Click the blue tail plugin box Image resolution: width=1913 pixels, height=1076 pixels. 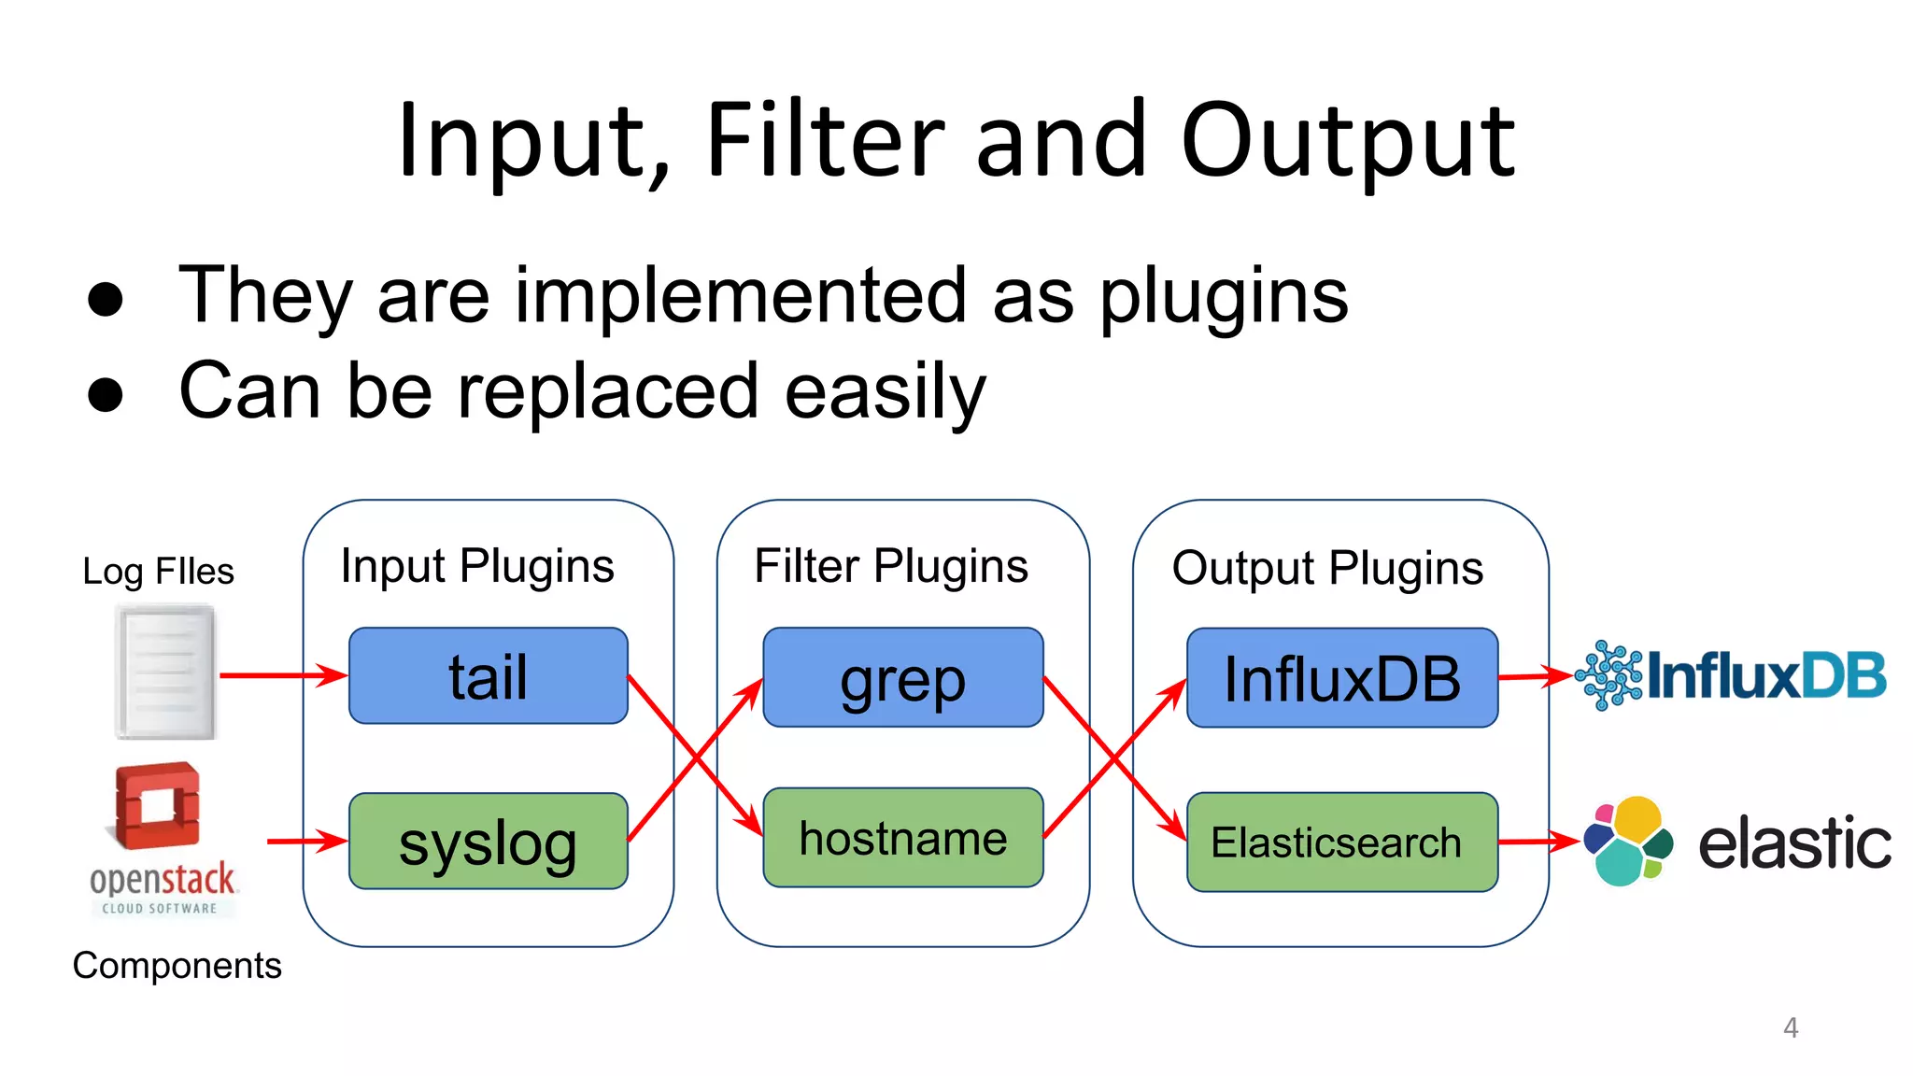coord(488,675)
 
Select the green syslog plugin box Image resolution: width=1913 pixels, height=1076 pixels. coord(488,841)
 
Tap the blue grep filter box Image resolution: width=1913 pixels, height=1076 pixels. coord(902,677)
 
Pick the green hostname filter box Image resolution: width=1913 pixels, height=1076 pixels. coord(902,837)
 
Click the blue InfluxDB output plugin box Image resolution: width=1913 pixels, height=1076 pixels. coord(1341,677)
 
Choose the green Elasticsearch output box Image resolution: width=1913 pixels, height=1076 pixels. coord(1341,842)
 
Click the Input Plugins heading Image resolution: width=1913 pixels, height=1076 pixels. coord(477,566)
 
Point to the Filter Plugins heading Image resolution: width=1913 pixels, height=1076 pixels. coord(890,566)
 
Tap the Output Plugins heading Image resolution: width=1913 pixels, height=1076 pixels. coord(1326,568)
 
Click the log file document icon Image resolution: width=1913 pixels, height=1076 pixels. coord(165,672)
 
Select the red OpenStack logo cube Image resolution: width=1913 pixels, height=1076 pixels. coord(158,805)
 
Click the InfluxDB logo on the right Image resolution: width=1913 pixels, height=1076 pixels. coord(1730,674)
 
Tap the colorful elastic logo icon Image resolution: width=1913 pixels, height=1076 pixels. coord(1628,841)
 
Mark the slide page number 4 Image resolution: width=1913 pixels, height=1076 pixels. coord(1790,1027)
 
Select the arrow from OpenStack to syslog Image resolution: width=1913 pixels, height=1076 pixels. coord(306,841)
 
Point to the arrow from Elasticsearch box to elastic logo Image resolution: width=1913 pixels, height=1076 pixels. coord(1538,842)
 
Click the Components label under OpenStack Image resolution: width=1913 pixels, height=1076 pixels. coord(177,965)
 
